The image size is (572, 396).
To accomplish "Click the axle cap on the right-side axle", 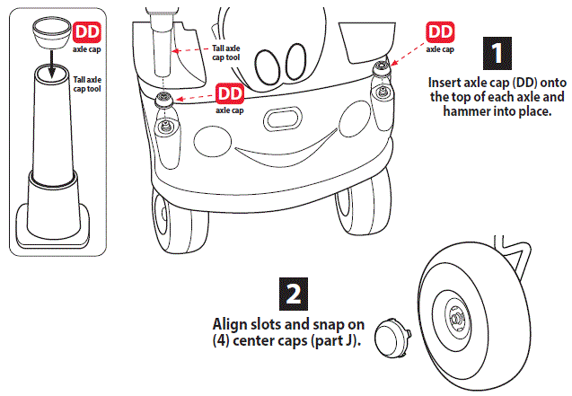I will pos(383,68).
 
